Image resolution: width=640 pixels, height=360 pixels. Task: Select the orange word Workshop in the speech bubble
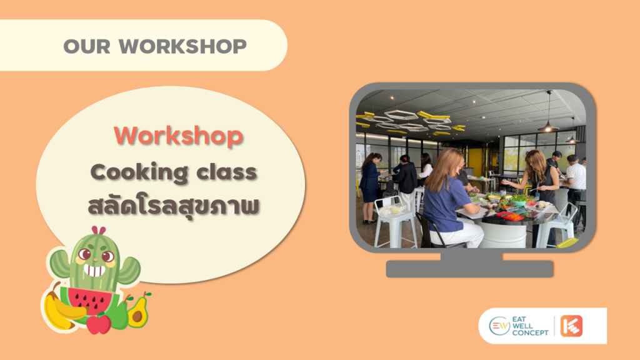(179, 136)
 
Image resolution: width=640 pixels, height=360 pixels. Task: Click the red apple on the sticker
(98, 324)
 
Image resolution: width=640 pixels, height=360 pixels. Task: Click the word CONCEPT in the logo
(531, 332)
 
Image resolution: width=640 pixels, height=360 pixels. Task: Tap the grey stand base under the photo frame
(469, 269)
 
